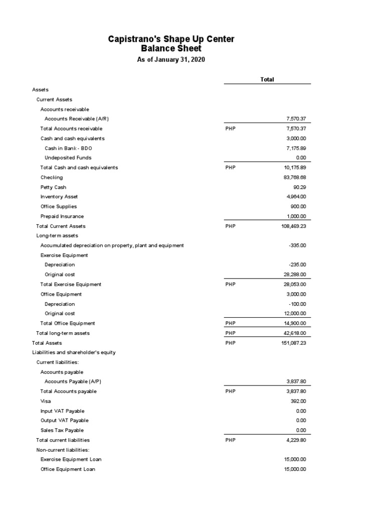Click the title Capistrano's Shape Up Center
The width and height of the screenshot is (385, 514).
[x=171, y=39]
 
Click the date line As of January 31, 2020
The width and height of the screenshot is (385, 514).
[x=171, y=60]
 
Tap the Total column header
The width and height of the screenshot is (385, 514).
[x=267, y=79]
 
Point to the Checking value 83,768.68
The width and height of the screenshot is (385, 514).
[x=295, y=177]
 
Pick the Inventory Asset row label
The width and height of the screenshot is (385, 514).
[x=59, y=197]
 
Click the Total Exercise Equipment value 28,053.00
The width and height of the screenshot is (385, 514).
[x=295, y=284]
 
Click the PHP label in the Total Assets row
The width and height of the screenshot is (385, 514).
[x=231, y=343]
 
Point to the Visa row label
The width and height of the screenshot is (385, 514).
[x=46, y=401]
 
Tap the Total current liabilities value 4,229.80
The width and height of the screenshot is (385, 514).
[x=296, y=440]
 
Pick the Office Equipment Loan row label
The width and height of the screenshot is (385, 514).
[x=68, y=469]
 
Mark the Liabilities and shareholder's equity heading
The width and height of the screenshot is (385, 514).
[x=74, y=352]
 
